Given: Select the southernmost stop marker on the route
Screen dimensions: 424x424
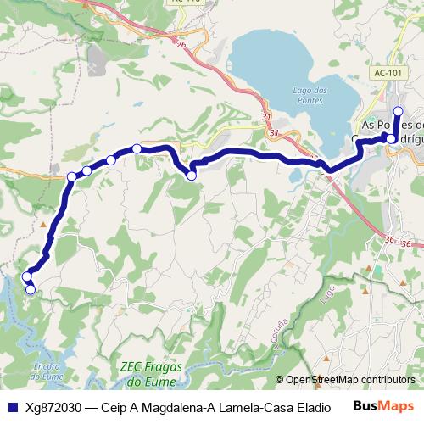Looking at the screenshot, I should point(31,290).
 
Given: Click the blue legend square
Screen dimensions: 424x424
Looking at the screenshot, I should point(12,405).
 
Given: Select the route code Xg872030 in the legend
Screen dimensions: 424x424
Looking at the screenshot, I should point(53,405).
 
